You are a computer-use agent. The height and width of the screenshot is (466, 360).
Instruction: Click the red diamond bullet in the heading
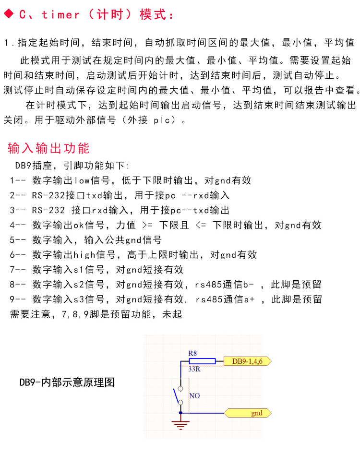click(x=9, y=13)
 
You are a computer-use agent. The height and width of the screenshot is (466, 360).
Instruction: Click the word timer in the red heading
click(x=60, y=14)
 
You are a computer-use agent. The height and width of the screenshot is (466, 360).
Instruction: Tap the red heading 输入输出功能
click(x=48, y=148)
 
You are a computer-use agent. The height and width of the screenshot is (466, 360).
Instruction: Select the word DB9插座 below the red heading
click(x=34, y=166)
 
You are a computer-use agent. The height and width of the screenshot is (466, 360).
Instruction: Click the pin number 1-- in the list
click(x=18, y=180)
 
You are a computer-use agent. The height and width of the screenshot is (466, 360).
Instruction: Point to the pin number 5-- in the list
click(x=18, y=240)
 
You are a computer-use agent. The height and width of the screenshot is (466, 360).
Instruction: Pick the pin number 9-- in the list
click(x=18, y=299)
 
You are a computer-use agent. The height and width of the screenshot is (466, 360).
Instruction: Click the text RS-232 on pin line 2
click(x=48, y=195)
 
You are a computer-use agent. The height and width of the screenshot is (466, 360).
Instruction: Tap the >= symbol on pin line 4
click(x=147, y=225)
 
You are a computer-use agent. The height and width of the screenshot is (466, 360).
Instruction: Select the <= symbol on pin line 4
click(x=201, y=225)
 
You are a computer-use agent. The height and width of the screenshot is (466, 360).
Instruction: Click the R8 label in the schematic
click(x=192, y=353)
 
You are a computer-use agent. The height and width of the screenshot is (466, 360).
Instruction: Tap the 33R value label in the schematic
click(x=194, y=369)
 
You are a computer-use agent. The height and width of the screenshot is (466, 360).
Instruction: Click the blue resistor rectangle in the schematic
click(x=202, y=361)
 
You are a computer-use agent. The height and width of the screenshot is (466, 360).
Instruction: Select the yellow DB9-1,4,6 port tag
click(x=248, y=361)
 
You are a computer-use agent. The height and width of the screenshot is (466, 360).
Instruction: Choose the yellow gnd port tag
click(x=248, y=413)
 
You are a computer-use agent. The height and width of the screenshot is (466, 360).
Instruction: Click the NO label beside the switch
click(x=194, y=395)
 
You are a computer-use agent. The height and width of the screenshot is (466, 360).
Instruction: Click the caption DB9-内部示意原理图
click(x=67, y=382)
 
